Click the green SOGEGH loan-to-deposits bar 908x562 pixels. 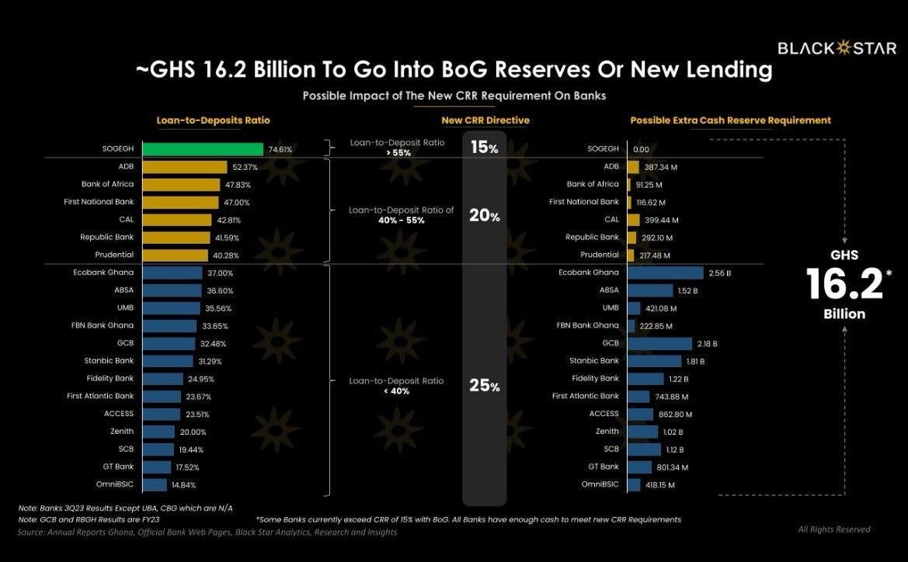coord(203,149)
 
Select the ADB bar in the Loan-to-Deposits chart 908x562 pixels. coord(185,167)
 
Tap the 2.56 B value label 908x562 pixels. coord(720,273)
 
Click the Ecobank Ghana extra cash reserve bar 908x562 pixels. coord(666,272)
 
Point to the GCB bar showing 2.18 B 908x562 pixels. coord(660,344)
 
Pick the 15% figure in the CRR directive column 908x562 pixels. coord(484,147)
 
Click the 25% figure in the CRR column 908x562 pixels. coord(484,386)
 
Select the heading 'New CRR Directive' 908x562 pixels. coord(485,120)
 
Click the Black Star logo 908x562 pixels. coord(837,48)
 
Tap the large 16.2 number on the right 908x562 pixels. coord(844,283)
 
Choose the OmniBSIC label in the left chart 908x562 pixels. coord(115,484)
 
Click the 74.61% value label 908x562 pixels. coord(280,149)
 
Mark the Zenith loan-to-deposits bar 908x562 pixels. coord(158,432)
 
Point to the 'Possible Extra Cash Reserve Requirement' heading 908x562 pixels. coord(730,120)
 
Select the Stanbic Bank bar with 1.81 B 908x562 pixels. coord(655,361)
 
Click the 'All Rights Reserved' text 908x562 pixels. coord(834,529)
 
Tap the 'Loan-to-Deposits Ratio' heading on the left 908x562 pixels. coord(213,120)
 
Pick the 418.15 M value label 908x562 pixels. coord(660,485)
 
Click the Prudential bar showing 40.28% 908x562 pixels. coord(175,255)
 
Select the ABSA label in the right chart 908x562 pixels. coord(609,290)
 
